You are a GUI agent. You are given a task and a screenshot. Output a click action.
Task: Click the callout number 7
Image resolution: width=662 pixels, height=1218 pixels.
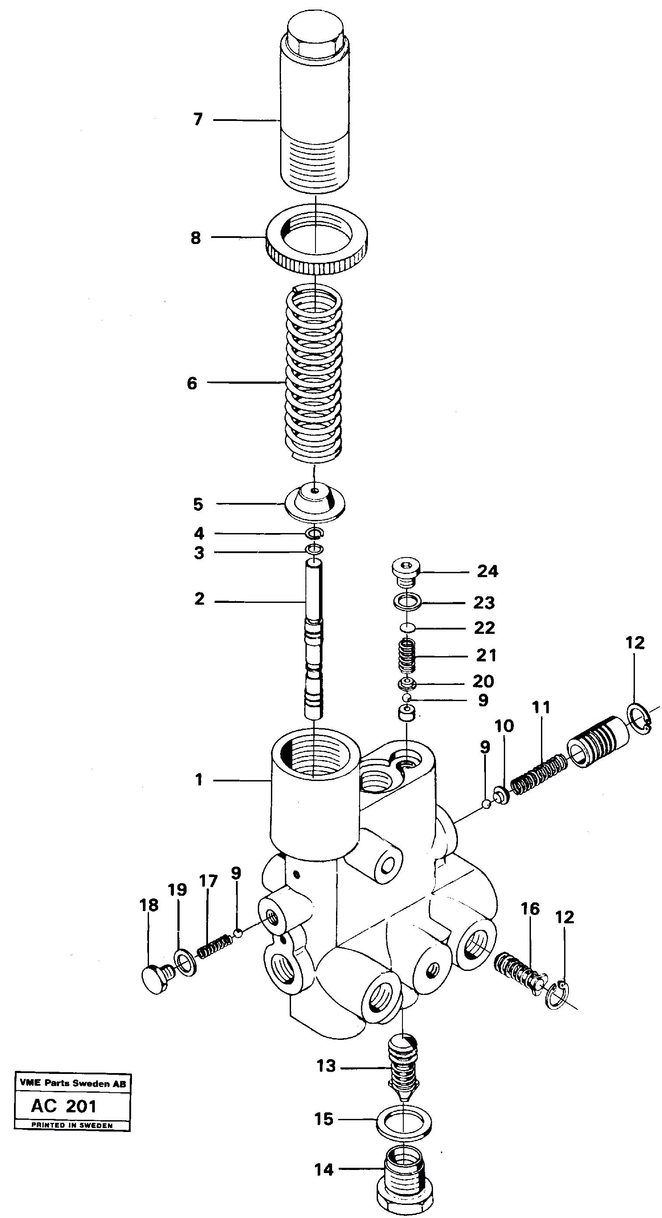[x=198, y=119]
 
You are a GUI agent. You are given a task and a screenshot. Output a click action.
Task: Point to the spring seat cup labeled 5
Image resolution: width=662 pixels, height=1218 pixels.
[x=315, y=503]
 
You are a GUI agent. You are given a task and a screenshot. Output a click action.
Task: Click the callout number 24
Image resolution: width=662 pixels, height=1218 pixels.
[x=487, y=571]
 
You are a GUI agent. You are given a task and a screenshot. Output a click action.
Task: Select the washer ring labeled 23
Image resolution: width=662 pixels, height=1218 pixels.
[x=407, y=602]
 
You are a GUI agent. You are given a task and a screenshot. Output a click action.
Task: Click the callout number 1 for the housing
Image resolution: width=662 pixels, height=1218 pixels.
[x=199, y=780]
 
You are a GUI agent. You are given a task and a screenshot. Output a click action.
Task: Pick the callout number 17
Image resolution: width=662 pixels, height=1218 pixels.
[x=208, y=881]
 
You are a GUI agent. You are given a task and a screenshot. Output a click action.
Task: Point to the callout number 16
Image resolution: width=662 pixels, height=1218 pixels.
[x=530, y=908]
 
